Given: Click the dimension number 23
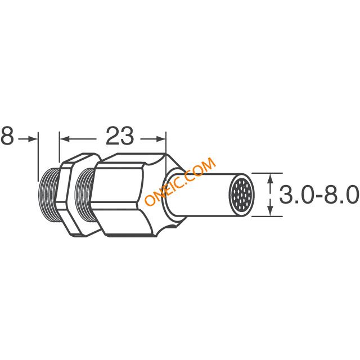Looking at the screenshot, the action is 120,136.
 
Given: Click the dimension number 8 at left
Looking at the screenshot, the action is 7,136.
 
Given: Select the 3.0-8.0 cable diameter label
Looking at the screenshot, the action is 319,195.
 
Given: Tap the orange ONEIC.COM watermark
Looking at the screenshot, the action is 180,181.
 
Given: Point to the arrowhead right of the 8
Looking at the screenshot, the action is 33,139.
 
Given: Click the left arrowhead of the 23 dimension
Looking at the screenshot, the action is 64,139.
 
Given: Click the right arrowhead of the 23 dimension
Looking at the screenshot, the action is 161,139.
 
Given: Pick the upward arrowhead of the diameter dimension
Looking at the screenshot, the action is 271,178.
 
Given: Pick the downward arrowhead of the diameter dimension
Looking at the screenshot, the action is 271,211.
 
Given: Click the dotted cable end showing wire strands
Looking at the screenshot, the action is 241,195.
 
